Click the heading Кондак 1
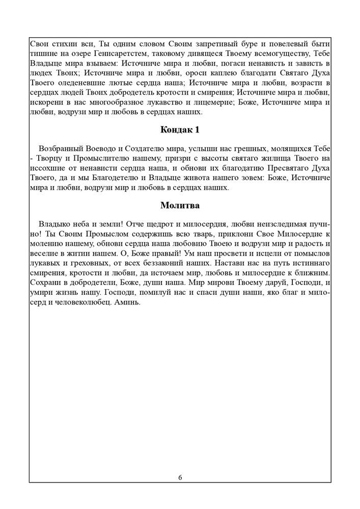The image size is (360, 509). [x=180, y=130]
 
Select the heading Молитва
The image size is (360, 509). [x=180, y=206]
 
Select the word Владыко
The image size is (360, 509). [x=56, y=224]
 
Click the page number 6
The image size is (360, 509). [x=180, y=477]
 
